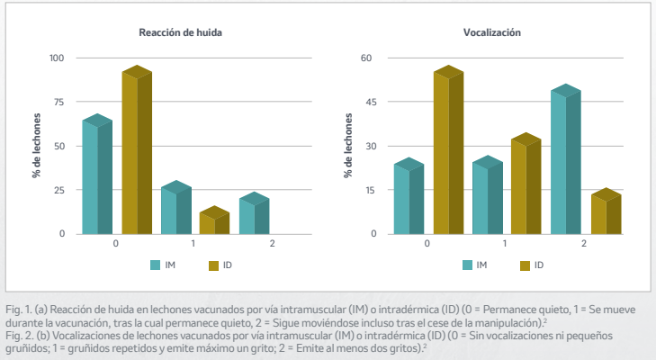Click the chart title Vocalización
492,32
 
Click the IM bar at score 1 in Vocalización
486,196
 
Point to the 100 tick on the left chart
58,58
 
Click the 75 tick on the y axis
59,103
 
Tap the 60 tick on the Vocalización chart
366,58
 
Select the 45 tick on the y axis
366,103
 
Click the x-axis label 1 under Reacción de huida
193,244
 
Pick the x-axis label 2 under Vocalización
584,244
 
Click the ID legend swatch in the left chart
214,265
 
